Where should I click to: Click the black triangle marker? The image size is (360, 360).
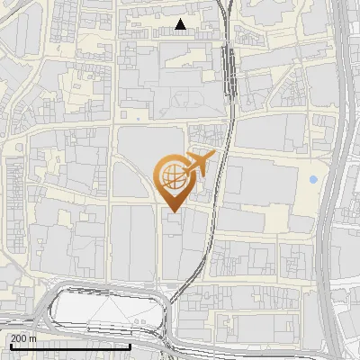click(x=181, y=25)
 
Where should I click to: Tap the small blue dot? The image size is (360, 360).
click(x=313, y=180)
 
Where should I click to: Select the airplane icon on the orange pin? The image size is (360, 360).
click(x=200, y=165)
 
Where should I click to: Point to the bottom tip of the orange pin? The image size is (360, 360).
click(x=173, y=212)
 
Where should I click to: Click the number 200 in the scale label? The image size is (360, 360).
click(x=19, y=337)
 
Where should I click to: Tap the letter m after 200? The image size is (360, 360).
click(x=33, y=337)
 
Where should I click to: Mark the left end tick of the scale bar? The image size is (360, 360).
click(x=10, y=346)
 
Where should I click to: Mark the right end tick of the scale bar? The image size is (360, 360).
click(x=130, y=346)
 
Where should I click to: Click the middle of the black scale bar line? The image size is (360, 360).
click(x=70, y=346)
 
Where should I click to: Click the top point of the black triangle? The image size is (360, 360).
click(x=181, y=19)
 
